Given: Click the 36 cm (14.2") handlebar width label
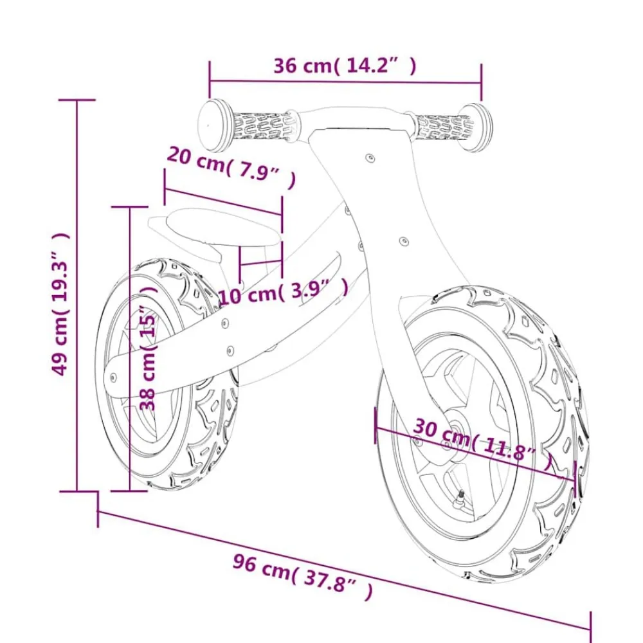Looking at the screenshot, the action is point(345,66).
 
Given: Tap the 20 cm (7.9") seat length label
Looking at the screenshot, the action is point(231,168).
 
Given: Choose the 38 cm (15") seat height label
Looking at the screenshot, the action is point(148,348).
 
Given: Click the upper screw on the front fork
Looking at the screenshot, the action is point(370,158).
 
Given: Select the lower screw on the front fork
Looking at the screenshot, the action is point(404,240).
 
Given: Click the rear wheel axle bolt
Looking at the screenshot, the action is point(112,377).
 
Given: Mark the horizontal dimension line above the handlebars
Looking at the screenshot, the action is point(345,82).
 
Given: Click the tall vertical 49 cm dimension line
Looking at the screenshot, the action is point(77,295).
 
